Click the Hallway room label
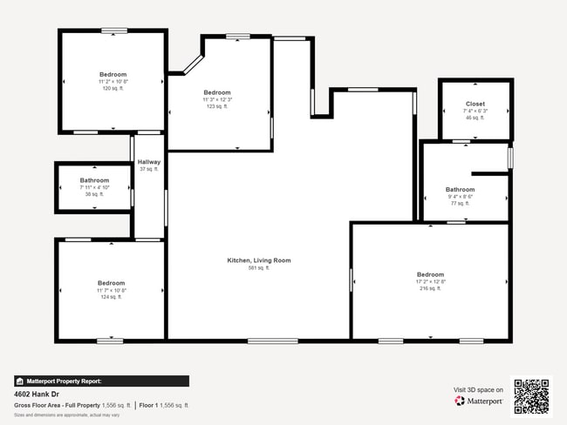[x=149, y=162]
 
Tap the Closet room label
[x=475, y=104]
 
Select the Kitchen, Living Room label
[x=259, y=260]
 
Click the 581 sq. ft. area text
[x=259, y=268]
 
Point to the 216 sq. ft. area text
[x=431, y=288]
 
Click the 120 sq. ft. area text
[x=113, y=89]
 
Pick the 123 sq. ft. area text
[x=217, y=106]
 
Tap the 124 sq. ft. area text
[x=111, y=297]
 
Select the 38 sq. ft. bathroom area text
[x=94, y=194]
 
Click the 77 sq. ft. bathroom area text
[x=460, y=203]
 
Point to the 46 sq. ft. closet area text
[x=475, y=118]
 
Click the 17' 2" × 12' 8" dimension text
[x=431, y=281]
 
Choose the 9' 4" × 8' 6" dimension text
[x=460, y=196]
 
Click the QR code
[x=531, y=396]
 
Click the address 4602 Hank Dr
[x=37, y=394]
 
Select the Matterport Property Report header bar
[x=101, y=381]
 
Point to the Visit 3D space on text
[x=478, y=389]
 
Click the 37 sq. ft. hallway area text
[x=149, y=169]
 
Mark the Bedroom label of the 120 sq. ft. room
[x=113, y=74]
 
